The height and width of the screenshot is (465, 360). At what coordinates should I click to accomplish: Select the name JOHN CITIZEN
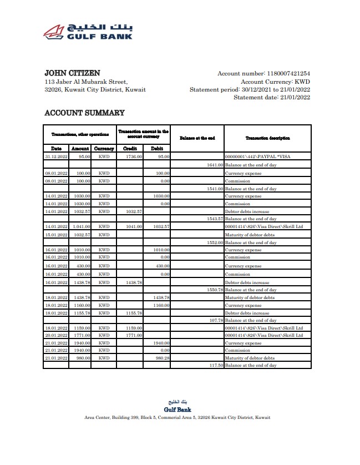pyautogui.click(x=72, y=73)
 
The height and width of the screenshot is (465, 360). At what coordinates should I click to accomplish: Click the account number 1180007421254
pyautogui.click(x=288, y=73)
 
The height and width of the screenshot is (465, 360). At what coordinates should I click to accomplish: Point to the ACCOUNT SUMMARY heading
pyautogui.click(x=84, y=113)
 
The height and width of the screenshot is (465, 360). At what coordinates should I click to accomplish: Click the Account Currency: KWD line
pyautogui.click(x=275, y=82)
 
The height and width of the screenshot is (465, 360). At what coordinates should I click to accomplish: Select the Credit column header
pyautogui.click(x=129, y=149)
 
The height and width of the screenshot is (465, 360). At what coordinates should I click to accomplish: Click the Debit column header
pyautogui.click(x=157, y=149)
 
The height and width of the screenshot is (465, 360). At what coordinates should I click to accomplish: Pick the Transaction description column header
pyautogui.click(x=267, y=138)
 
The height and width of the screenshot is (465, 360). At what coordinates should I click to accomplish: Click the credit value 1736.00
pyautogui.click(x=134, y=157)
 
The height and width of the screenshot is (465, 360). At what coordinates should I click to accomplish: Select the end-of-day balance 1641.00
pyautogui.click(x=214, y=165)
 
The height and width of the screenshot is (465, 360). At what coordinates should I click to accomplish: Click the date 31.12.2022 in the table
pyautogui.click(x=57, y=157)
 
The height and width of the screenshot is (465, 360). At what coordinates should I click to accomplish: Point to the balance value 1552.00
pyautogui.click(x=214, y=242)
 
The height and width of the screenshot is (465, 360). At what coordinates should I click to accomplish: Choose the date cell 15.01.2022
pyautogui.click(x=57, y=235)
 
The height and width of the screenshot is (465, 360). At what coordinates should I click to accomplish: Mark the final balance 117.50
pyautogui.click(x=215, y=366)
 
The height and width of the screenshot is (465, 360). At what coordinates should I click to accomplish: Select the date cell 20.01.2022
pyautogui.click(x=57, y=335)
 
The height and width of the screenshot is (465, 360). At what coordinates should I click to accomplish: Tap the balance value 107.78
pyautogui.click(x=215, y=320)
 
